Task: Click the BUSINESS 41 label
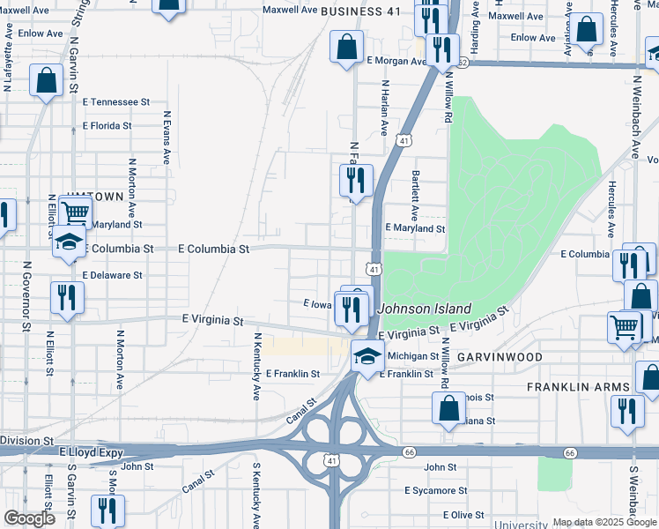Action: pyautogui.click(x=360, y=11)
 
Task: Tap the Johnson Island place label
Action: pyautogui.click(x=425, y=309)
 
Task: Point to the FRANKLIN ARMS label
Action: pyautogui.click(x=577, y=387)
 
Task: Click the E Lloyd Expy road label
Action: pyautogui.click(x=87, y=451)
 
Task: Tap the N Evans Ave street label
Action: pyautogui.click(x=166, y=138)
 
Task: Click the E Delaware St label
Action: pyautogui.click(x=112, y=275)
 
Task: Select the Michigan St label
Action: pyautogui.click(x=413, y=356)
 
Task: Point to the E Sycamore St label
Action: pyautogui.click(x=435, y=490)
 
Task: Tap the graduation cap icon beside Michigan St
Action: pyautogui.click(x=367, y=355)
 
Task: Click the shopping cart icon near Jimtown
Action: pyautogui.click(x=75, y=212)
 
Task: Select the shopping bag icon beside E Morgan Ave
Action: pyautogui.click(x=347, y=48)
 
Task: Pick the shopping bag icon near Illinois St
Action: pyautogui.click(x=448, y=408)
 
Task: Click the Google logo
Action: pyautogui.click(x=29, y=518)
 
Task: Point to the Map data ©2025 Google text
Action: pyautogui.click(x=603, y=521)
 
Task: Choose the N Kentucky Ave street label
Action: pyautogui.click(x=258, y=367)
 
